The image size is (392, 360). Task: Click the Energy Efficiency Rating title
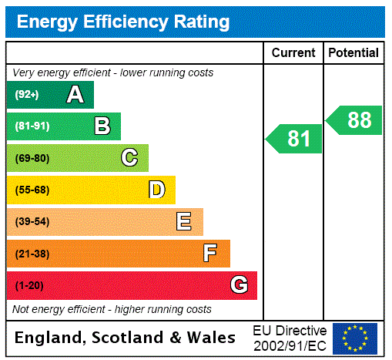123,22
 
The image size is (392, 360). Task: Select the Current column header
293,53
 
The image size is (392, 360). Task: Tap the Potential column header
353,53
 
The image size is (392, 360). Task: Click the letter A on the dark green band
75,95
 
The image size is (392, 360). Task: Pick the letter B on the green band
102,126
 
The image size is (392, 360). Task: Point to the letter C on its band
129,158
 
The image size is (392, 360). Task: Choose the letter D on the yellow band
156,190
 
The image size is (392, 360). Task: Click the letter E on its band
184,222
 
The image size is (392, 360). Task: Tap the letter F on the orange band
210,254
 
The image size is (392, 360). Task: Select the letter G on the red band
239,285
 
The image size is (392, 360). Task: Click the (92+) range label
27,95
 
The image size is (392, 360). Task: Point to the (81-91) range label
32,126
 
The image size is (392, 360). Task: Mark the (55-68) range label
32,190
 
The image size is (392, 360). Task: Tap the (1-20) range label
29,285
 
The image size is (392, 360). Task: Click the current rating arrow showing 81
294,139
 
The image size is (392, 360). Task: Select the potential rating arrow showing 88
354,120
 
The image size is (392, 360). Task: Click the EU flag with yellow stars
354,338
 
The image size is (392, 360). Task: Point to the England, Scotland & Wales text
126,338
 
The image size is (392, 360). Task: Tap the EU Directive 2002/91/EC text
290,338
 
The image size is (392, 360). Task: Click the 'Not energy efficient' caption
112,309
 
